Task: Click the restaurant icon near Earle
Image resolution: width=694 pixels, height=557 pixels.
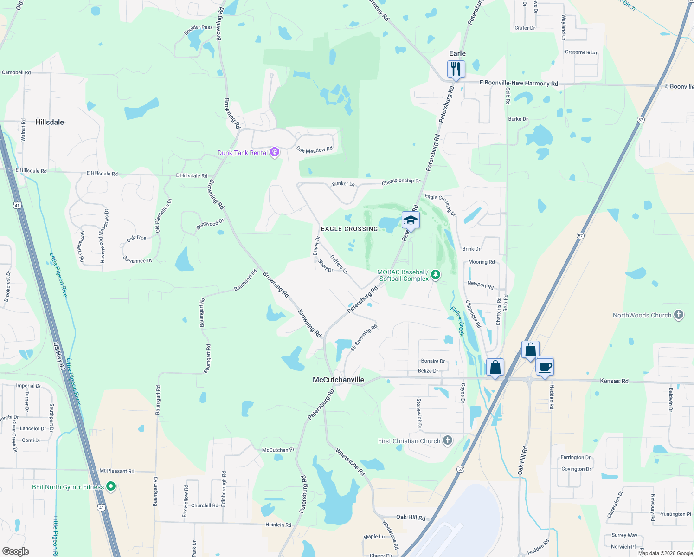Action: pyautogui.click(x=456, y=69)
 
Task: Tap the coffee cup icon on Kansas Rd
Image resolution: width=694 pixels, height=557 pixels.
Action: pyautogui.click(x=545, y=366)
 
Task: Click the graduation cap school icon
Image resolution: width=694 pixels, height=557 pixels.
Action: pyautogui.click(x=411, y=220)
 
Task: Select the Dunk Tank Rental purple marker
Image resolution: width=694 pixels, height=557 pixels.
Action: pyautogui.click(x=275, y=152)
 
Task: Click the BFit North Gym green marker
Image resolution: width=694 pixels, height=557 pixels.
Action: pyautogui.click(x=111, y=486)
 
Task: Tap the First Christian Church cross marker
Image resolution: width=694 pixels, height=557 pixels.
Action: pyautogui.click(x=447, y=440)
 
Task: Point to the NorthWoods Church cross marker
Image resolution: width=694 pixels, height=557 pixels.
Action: pyautogui.click(x=679, y=315)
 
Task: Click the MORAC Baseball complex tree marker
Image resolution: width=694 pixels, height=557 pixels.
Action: pyautogui.click(x=435, y=275)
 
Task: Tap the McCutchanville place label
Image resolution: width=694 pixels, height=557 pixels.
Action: pyautogui.click(x=338, y=380)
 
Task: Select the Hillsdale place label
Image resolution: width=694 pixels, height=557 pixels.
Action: pyautogui.click(x=50, y=122)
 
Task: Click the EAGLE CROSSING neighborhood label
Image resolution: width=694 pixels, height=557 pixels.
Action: pyautogui.click(x=349, y=229)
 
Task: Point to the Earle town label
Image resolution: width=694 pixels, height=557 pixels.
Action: pyautogui.click(x=457, y=53)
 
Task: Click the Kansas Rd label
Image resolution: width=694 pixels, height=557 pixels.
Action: pyautogui.click(x=614, y=381)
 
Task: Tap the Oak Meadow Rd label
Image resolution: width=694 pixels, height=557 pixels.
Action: pyautogui.click(x=315, y=150)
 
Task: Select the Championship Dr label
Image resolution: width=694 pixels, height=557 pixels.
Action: pyautogui.click(x=401, y=181)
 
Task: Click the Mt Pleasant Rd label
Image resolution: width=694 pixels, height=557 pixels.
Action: pyautogui.click(x=117, y=471)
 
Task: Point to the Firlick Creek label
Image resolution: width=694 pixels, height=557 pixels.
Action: pyautogui.click(x=457, y=321)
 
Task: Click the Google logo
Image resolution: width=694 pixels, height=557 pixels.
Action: pyautogui.click(x=15, y=551)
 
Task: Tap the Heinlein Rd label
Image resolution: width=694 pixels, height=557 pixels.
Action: pyautogui.click(x=278, y=525)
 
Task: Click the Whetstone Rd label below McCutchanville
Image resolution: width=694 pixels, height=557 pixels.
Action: pyautogui.click(x=350, y=461)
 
